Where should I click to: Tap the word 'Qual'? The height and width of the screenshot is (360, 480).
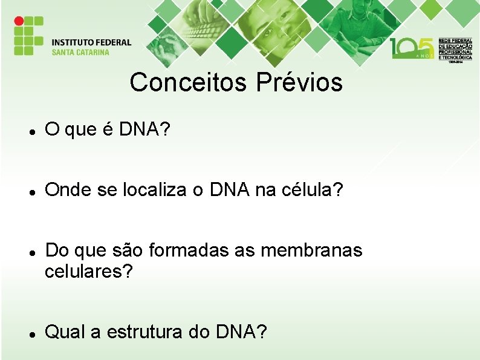(64, 332)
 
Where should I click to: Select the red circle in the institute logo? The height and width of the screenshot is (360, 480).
(19, 21)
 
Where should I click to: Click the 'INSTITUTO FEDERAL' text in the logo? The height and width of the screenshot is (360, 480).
(91, 42)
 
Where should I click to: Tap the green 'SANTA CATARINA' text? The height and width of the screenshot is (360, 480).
(80, 52)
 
